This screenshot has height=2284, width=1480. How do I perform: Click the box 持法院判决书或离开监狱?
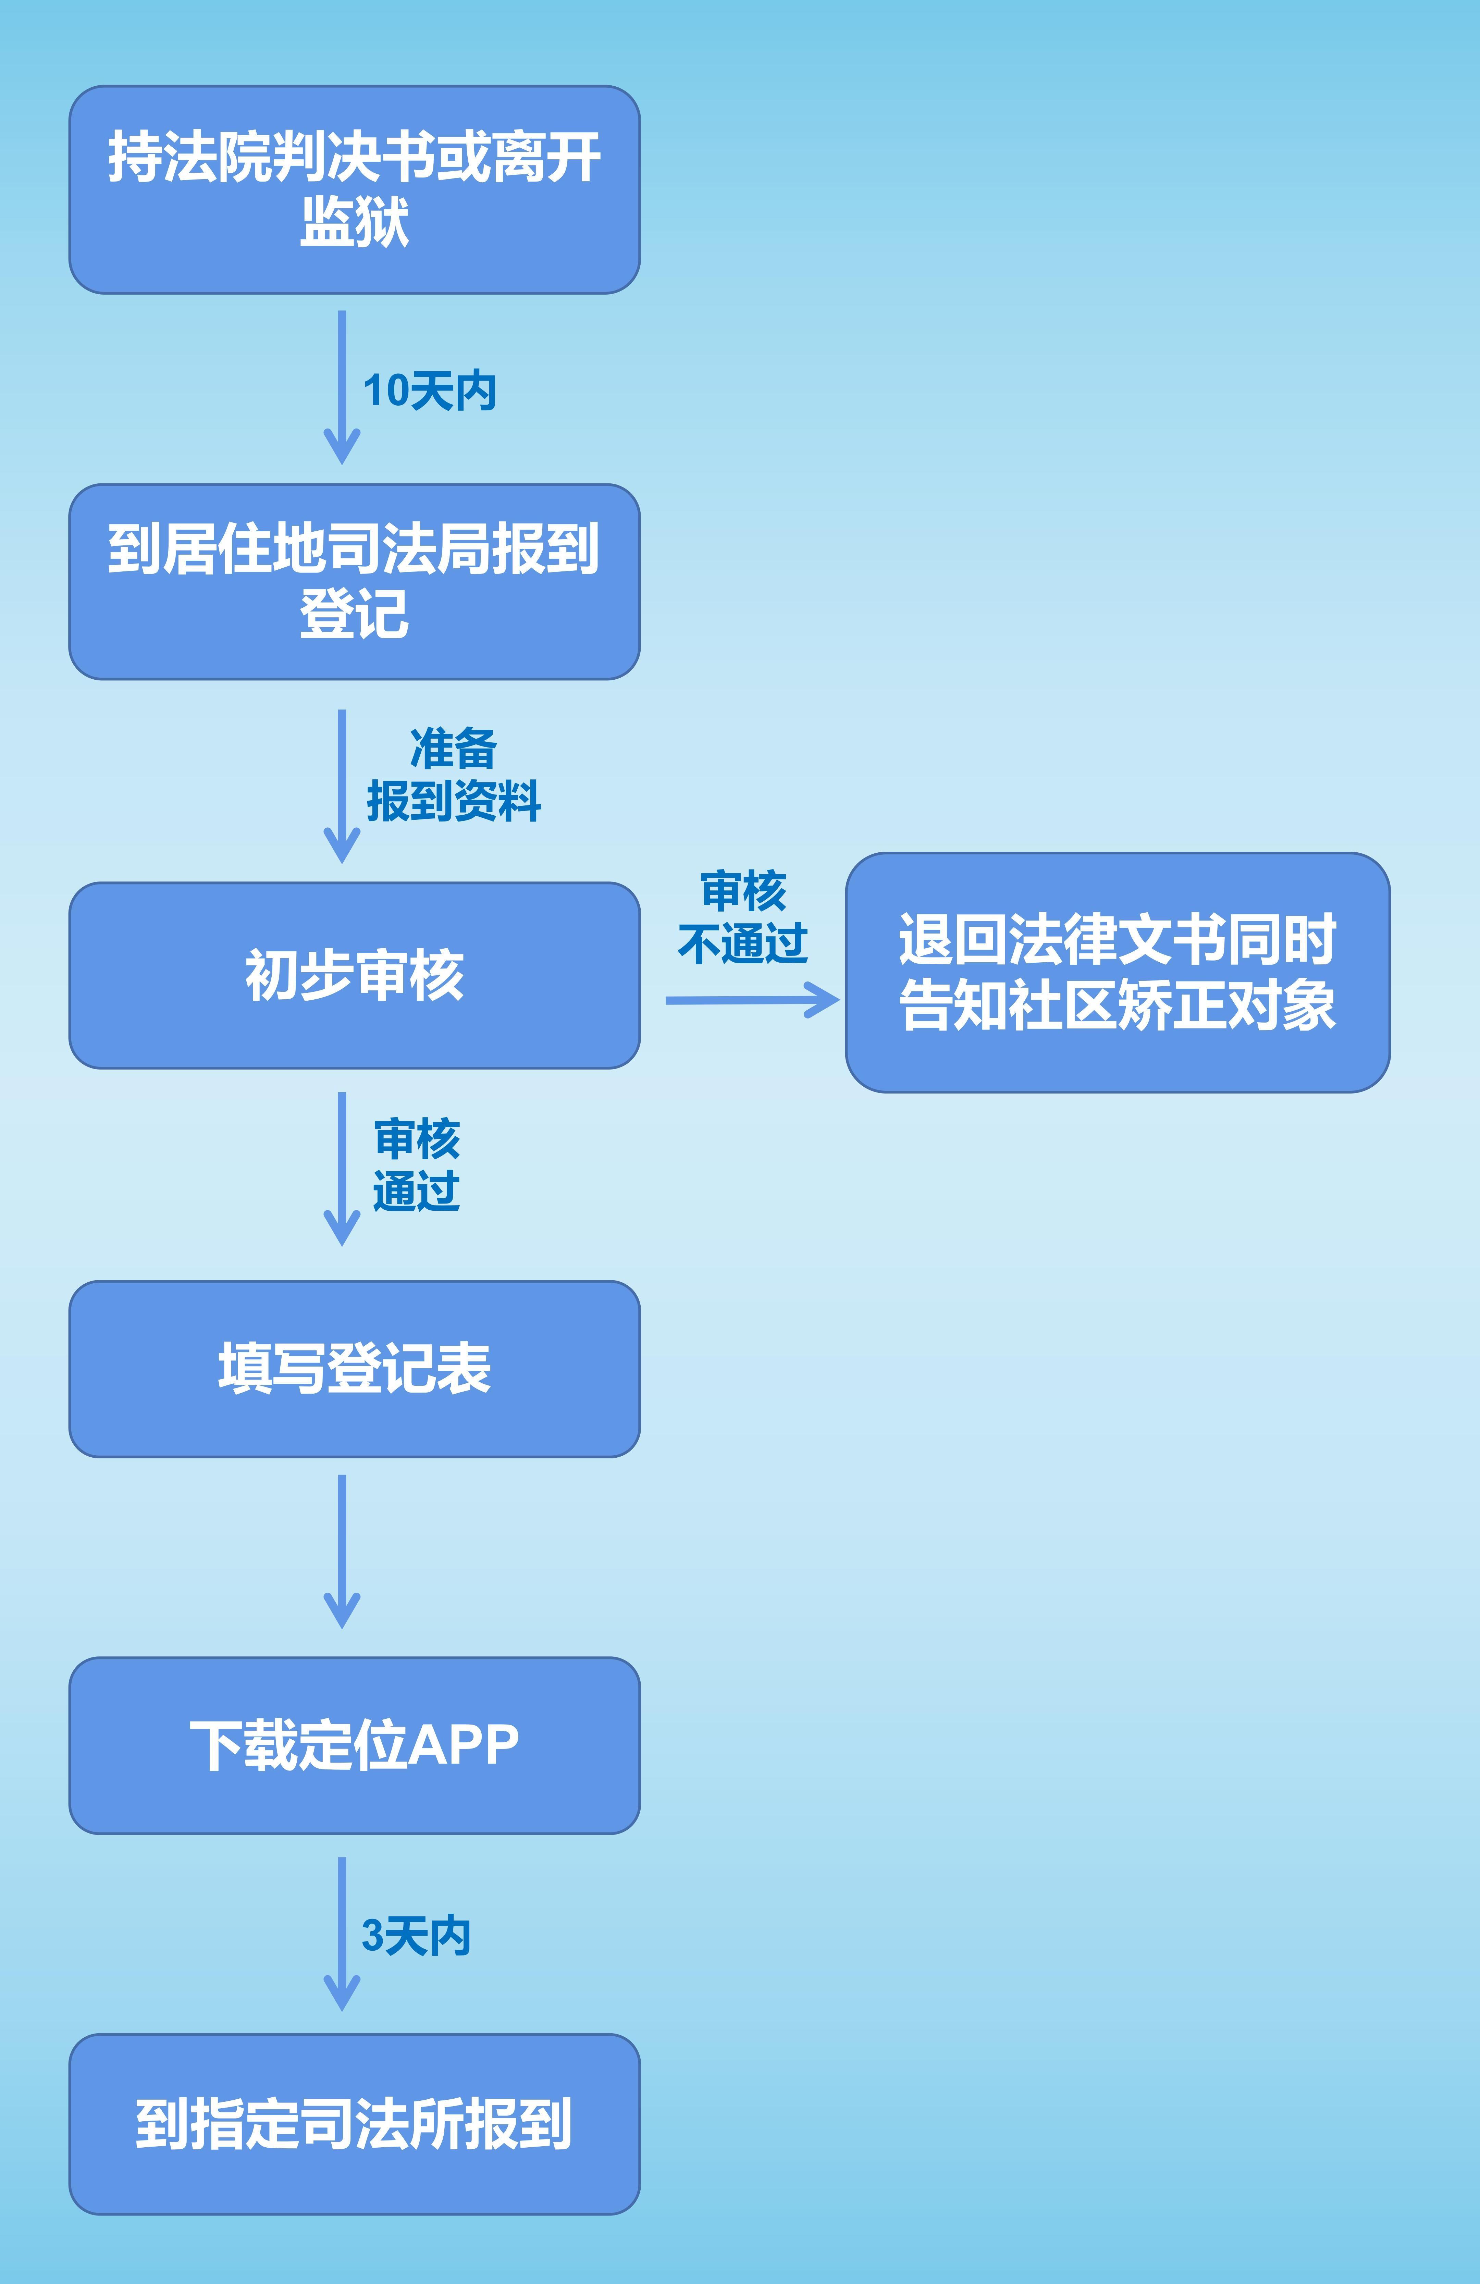point(354,189)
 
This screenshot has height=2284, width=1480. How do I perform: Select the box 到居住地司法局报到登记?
point(354,582)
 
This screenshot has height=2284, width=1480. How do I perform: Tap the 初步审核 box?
point(354,975)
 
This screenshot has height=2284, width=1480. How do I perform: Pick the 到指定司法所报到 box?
point(354,2124)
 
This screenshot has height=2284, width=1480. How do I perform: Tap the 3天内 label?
point(416,1936)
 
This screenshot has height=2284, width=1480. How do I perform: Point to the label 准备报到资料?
point(453,775)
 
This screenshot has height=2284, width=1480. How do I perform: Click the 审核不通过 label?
point(743,917)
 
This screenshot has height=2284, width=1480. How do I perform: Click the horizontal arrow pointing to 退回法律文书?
point(752,1000)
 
